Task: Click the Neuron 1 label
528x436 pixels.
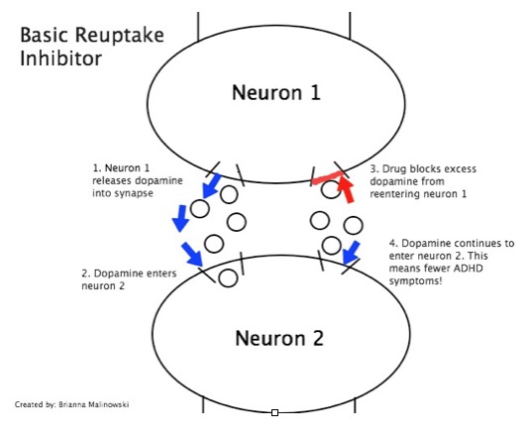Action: [x=276, y=92]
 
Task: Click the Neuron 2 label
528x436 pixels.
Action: [x=279, y=338]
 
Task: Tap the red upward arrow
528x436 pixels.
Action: [x=346, y=189]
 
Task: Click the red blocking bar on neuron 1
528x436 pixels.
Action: [x=328, y=177]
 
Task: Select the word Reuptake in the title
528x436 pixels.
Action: [x=119, y=36]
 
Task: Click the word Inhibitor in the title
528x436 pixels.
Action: [x=60, y=57]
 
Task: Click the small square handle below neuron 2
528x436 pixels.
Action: [x=274, y=413]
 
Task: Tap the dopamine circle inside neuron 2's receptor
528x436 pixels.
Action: [x=228, y=278]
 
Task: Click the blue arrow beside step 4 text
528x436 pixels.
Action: [x=351, y=253]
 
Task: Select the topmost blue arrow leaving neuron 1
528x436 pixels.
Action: [x=211, y=185]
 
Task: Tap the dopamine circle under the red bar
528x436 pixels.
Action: [x=331, y=189]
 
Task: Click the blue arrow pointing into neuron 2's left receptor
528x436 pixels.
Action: [x=191, y=254]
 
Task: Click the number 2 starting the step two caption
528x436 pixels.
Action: [x=85, y=273]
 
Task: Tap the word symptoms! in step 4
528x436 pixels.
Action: [x=415, y=280]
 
